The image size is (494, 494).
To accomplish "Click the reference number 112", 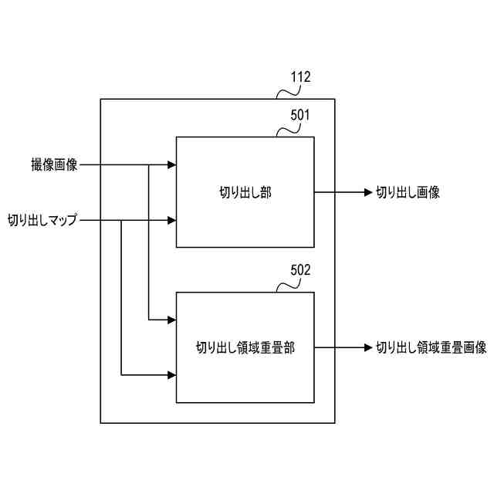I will [x=300, y=77].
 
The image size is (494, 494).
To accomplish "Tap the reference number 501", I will [x=300, y=115].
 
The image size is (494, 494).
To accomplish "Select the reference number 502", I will [x=300, y=270].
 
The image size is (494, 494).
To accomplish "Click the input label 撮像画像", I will [x=54, y=164].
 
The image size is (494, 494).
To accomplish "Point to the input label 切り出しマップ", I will [x=42, y=221].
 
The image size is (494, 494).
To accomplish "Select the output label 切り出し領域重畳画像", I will [x=431, y=348].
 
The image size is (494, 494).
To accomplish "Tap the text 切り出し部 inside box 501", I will [x=245, y=193].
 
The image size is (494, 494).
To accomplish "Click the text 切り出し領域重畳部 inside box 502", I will [x=245, y=348].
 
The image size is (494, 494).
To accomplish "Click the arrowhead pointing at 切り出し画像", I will [x=367, y=193].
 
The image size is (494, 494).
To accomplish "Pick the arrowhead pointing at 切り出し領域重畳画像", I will [x=367, y=348].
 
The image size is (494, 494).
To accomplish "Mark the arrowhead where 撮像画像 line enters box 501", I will [x=171, y=164].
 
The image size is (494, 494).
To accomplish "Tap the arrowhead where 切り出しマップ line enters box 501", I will [x=171, y=221].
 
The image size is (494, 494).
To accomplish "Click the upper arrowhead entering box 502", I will [x=171, y=320].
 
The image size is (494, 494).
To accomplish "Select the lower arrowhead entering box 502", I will [x=171, y=376].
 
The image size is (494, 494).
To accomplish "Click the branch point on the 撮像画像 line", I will [x=148, y=164].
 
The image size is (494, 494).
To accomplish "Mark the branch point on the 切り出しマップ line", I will [x=121, y=221].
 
